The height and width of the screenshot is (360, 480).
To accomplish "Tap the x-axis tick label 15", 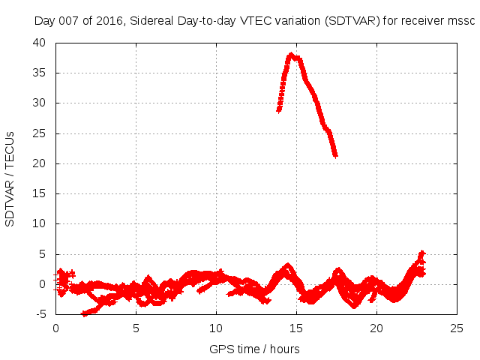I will click(297, 328).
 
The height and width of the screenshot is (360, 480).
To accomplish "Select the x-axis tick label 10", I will click(217, 328).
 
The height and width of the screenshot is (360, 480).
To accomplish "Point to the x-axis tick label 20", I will click(377, 328).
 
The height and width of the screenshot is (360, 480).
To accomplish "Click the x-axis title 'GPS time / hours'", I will click(254, 349).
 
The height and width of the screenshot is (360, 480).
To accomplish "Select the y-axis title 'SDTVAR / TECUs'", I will click(10, 178).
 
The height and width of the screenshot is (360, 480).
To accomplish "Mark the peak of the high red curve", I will click(292, 55).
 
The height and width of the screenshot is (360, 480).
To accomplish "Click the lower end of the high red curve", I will click(335, 155).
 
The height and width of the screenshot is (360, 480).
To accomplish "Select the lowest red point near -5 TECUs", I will click(85, 314).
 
